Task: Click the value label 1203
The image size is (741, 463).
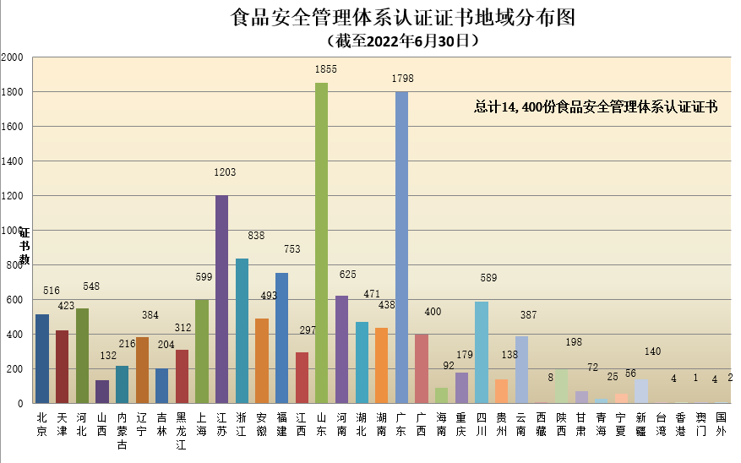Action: [225, 172]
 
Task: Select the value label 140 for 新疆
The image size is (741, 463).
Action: [651, 351]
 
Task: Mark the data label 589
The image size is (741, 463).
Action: [488, 278]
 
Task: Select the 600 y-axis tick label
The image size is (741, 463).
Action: [15, 300]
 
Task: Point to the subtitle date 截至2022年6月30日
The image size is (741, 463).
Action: [402, 40]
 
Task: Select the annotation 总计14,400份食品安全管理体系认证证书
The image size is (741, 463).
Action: [596, 107]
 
